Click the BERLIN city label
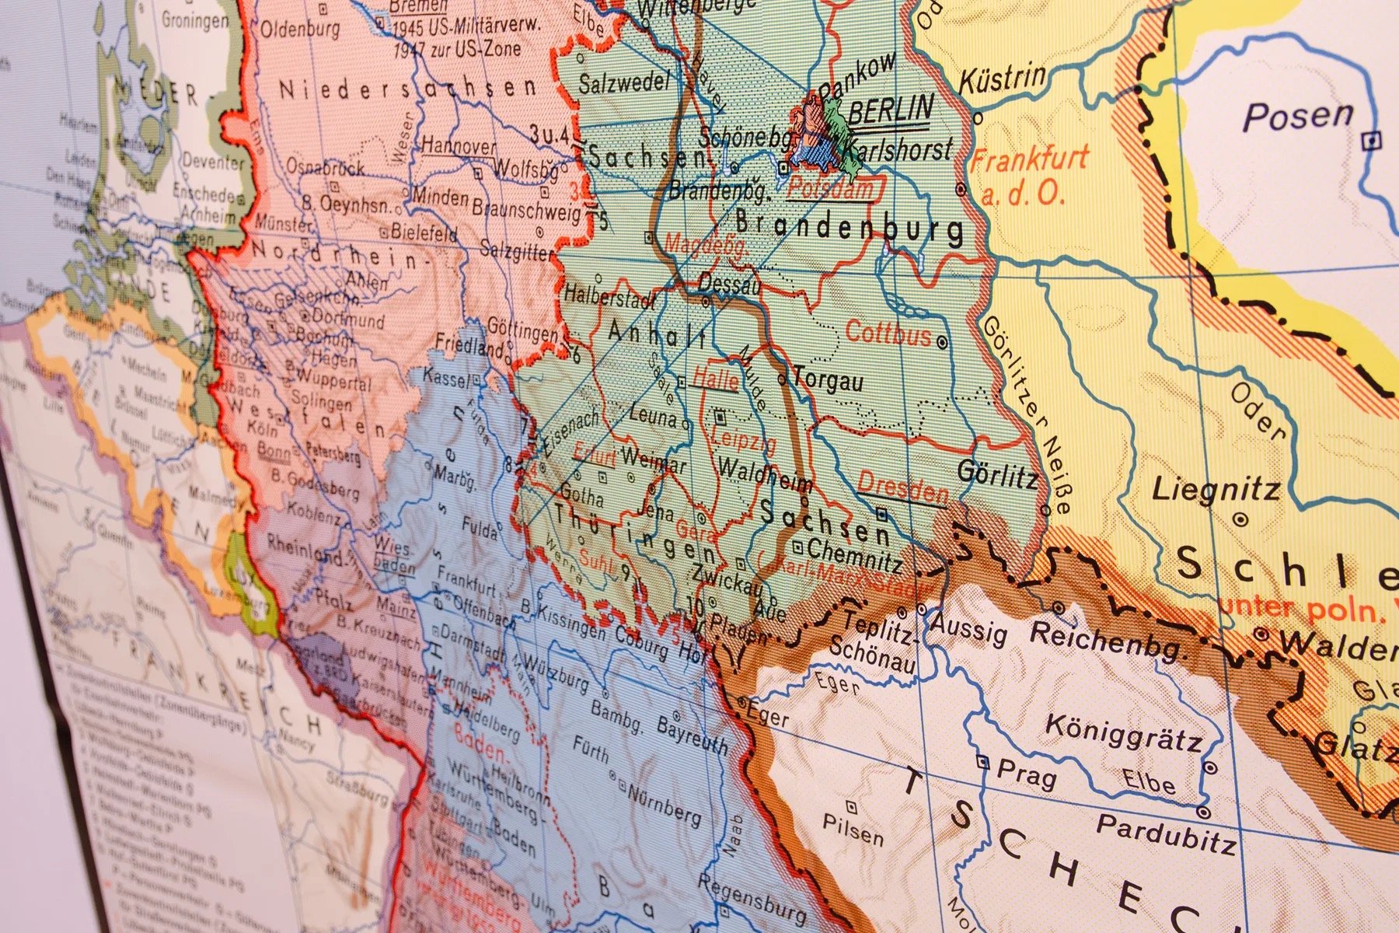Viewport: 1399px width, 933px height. point(889,111)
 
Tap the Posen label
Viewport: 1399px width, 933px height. point(1297,117)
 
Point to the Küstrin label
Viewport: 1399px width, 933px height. point(1002,79)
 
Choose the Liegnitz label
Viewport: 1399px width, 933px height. point(1216,490)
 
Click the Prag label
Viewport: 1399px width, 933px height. point(1025,774)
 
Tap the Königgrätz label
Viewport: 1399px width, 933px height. point(1122,731)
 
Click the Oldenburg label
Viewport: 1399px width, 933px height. point(299,30)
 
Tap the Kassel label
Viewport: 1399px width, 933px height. point(445,377)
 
